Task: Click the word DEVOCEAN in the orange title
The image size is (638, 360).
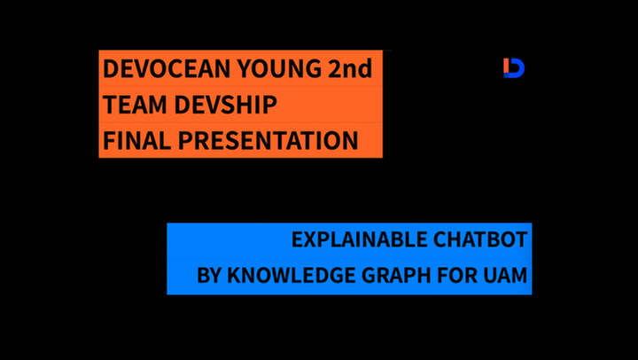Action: coord(167,68)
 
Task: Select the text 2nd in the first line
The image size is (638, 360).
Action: coord(350,68)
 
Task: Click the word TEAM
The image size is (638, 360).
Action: coord(135,105)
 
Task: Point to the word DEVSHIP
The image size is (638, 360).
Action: coord(226,105)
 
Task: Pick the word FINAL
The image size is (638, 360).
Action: coord(137,140)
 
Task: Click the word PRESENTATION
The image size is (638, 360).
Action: coord(268,140)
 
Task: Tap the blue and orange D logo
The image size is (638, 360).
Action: coord(514,68)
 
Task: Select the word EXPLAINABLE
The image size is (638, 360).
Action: coord(359,239)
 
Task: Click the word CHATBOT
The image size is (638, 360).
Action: coord(480,239)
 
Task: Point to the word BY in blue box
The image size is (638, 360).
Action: coord(209,275)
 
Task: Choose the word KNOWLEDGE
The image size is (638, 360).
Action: coord(291,275)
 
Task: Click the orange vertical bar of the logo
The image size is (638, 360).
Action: coord(506,66)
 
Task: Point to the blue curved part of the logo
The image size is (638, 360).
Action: coord(518,68)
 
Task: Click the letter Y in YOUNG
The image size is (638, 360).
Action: coord(245,68)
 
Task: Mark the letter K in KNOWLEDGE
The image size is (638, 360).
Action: coord(234,275)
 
